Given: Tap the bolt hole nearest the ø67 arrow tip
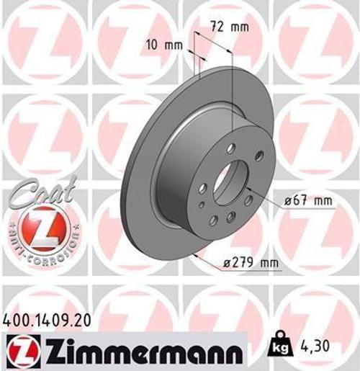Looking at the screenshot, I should [x=248, y=201].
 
